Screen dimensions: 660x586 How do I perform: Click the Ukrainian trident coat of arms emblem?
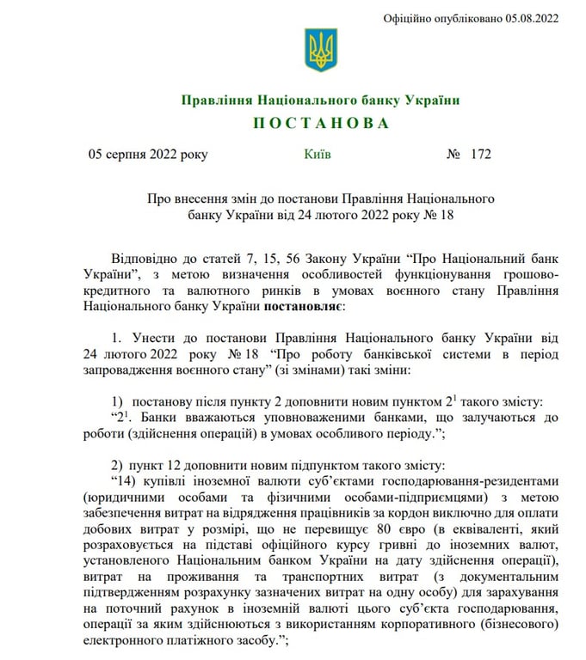[320, 50]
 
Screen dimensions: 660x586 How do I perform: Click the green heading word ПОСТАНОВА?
[320, 124]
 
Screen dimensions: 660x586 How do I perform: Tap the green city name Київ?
[317, 155]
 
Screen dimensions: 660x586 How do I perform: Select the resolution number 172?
[481, 155]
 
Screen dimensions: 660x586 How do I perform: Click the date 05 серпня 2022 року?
[147, 155]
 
